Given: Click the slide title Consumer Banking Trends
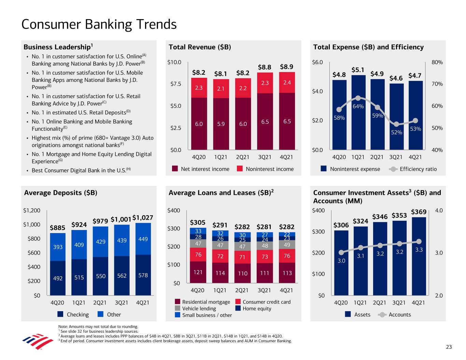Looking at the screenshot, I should (99, 25).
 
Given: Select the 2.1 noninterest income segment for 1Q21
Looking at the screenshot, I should (221, 89).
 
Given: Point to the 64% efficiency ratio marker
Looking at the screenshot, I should (358, 98).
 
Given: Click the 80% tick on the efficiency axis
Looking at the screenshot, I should (437, 62).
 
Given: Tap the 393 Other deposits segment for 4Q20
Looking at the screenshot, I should (58, 247).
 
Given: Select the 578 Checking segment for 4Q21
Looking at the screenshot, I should (143, 275).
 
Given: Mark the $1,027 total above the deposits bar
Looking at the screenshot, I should (143, 218).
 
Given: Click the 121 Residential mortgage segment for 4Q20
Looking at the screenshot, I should (197, 272).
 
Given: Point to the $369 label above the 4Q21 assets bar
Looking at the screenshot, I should (419, 212).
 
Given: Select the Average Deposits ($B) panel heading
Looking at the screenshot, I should (61, 193).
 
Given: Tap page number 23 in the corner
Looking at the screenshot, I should (449, 347).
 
